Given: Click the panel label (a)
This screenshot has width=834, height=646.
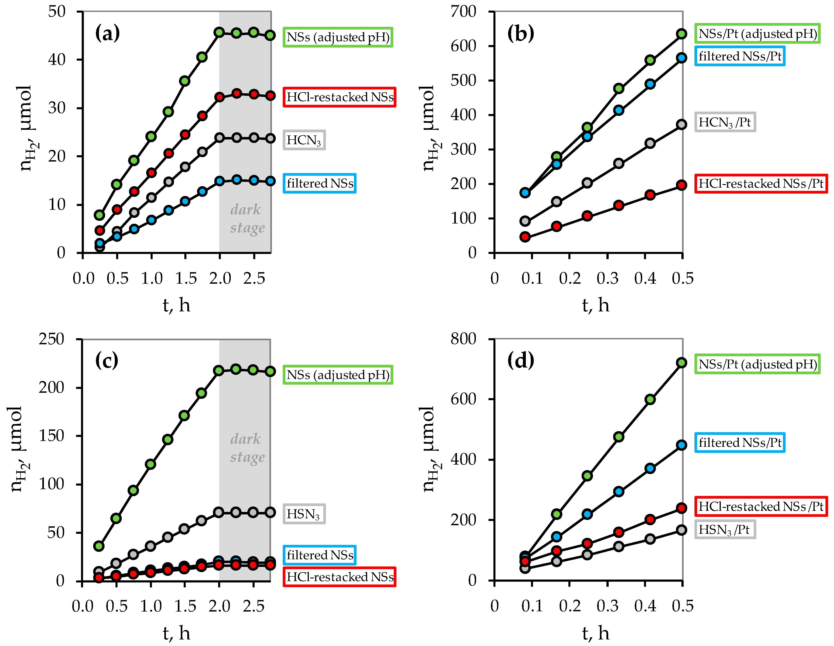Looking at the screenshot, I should coord(107,33).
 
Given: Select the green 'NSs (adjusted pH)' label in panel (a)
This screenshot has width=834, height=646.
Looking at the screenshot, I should coord(338,37).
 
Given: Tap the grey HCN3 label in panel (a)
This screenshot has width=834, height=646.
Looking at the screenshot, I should coord(304,140).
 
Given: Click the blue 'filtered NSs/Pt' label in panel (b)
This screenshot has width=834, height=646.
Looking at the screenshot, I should coord(740,56).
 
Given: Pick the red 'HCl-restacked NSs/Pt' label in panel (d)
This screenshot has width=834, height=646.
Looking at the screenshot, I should coord(761,507).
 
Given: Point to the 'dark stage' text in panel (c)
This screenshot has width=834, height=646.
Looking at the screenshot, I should coord(247,448).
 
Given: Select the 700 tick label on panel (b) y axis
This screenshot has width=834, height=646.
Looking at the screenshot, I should coord(463,11).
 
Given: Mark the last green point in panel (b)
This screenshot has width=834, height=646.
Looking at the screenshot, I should coord(682,34).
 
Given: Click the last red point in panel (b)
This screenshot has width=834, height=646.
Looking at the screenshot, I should coord(682,185).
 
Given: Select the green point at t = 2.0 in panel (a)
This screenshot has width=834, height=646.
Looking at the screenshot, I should coord(219,32).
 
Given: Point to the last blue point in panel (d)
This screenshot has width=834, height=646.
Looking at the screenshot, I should coord(682,445).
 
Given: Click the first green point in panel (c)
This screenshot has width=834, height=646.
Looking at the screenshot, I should coord(99,546).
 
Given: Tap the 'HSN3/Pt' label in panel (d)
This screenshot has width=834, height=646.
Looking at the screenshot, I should coord(724,530).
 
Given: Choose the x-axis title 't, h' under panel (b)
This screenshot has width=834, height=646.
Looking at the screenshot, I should coord(595,305).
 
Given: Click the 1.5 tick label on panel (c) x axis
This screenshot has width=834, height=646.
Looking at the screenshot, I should coord(185,606).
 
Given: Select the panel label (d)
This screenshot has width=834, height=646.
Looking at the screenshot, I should coord(520,361).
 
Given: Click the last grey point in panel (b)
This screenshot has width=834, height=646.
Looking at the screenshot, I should coord(682,125).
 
